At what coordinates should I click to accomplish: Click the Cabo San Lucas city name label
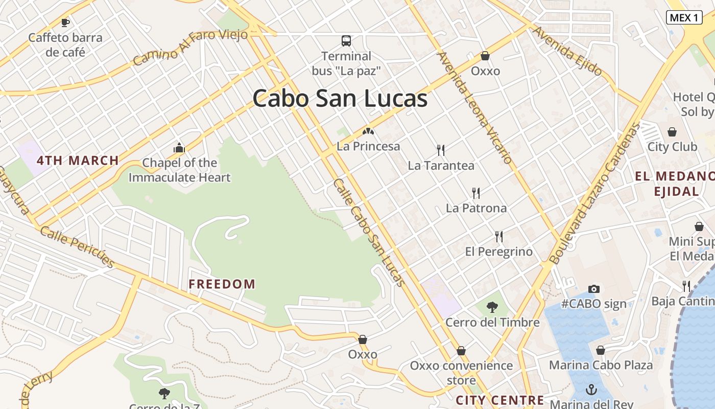coord(340,98)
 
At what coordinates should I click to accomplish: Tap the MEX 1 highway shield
coord(684,17)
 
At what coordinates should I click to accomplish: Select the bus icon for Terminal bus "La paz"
coord(346,40)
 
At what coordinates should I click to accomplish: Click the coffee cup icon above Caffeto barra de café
coord(65,22)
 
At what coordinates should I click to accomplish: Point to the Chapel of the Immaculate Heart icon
coord(179,148)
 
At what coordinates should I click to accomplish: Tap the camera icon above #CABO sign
coord(593,289)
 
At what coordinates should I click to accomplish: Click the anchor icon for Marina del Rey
coord(591,390)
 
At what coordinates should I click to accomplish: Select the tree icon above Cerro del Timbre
coord(492,307)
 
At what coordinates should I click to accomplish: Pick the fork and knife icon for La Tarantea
coord(441,150)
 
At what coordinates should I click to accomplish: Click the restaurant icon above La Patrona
coord(476,193)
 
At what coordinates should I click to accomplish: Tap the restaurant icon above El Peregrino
coord(499,237)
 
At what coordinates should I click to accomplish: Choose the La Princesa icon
coord(368,132)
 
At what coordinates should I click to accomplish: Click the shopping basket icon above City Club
coord(672,132)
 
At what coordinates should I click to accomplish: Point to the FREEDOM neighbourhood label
coord(222,284)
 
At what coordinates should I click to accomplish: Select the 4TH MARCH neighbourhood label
coord(78,161)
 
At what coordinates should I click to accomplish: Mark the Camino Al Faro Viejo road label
coord(190,47)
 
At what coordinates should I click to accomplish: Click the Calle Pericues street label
coord(77,247)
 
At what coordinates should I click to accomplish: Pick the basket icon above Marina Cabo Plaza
coord(601,350)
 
